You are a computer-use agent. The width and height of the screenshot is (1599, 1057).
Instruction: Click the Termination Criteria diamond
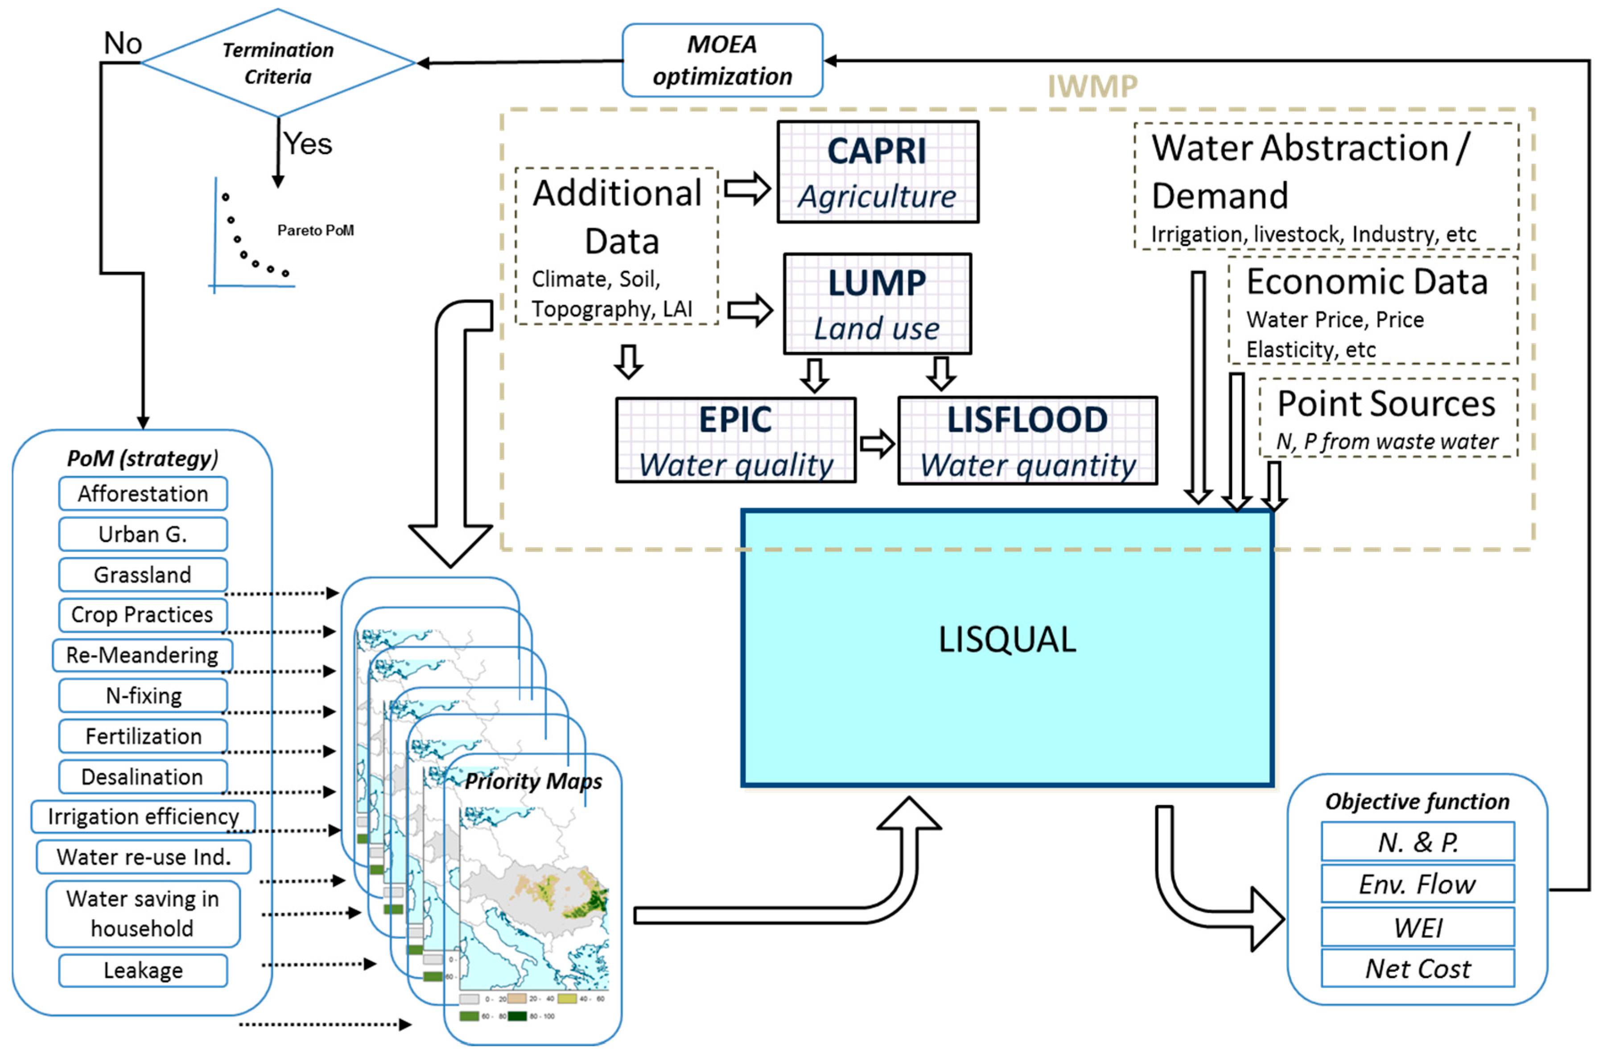click(x=278, y=63)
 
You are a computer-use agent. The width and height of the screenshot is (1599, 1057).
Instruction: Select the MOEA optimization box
click(x=722, y=61)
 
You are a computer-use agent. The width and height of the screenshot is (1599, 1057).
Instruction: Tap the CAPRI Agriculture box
click(x=877, y=172)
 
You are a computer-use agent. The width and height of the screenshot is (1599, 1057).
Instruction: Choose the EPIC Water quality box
click(x=735, y=440)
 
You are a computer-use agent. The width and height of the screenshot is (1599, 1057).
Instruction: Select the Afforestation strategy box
click(x=143, y=494)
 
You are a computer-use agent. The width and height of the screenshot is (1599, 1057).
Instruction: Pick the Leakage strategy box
click(x=143, y=970)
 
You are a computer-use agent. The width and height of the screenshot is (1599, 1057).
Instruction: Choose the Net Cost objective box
click(x=1417, y=969)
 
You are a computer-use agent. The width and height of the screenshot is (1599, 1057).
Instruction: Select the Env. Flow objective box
click(x=1417, y=884)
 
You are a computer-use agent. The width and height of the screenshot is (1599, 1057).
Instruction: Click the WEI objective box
click(x=1417, y=927)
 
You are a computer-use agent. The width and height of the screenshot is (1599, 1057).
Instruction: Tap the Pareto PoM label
click(x=316, y=230)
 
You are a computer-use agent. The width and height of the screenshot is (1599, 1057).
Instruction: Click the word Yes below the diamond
click(x=307, y=144)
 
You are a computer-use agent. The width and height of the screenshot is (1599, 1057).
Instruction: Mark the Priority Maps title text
click(x=533, y=781)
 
